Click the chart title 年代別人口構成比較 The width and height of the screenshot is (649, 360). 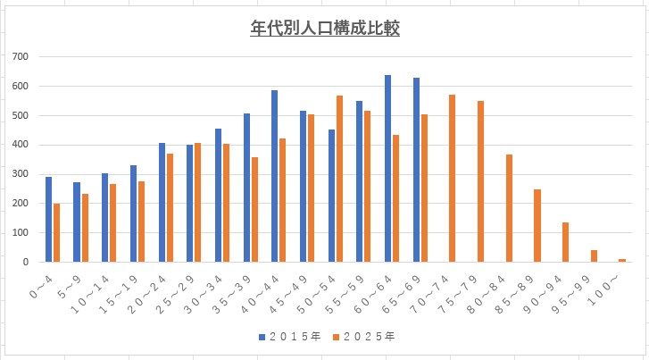point(324,29)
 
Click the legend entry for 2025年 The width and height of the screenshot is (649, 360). point(366,337)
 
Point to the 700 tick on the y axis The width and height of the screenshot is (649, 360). point(21,57)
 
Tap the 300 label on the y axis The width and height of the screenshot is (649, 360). point(21,174)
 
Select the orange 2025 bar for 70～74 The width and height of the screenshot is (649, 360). point(452,178)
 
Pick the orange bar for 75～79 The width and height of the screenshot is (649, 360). point(480,181)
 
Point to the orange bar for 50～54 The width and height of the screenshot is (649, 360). point(339,179)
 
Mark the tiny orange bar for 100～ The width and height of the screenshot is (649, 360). point(622,260)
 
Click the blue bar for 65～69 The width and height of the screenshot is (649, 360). point(416,170)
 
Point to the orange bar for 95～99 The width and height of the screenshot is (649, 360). point(594,255)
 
